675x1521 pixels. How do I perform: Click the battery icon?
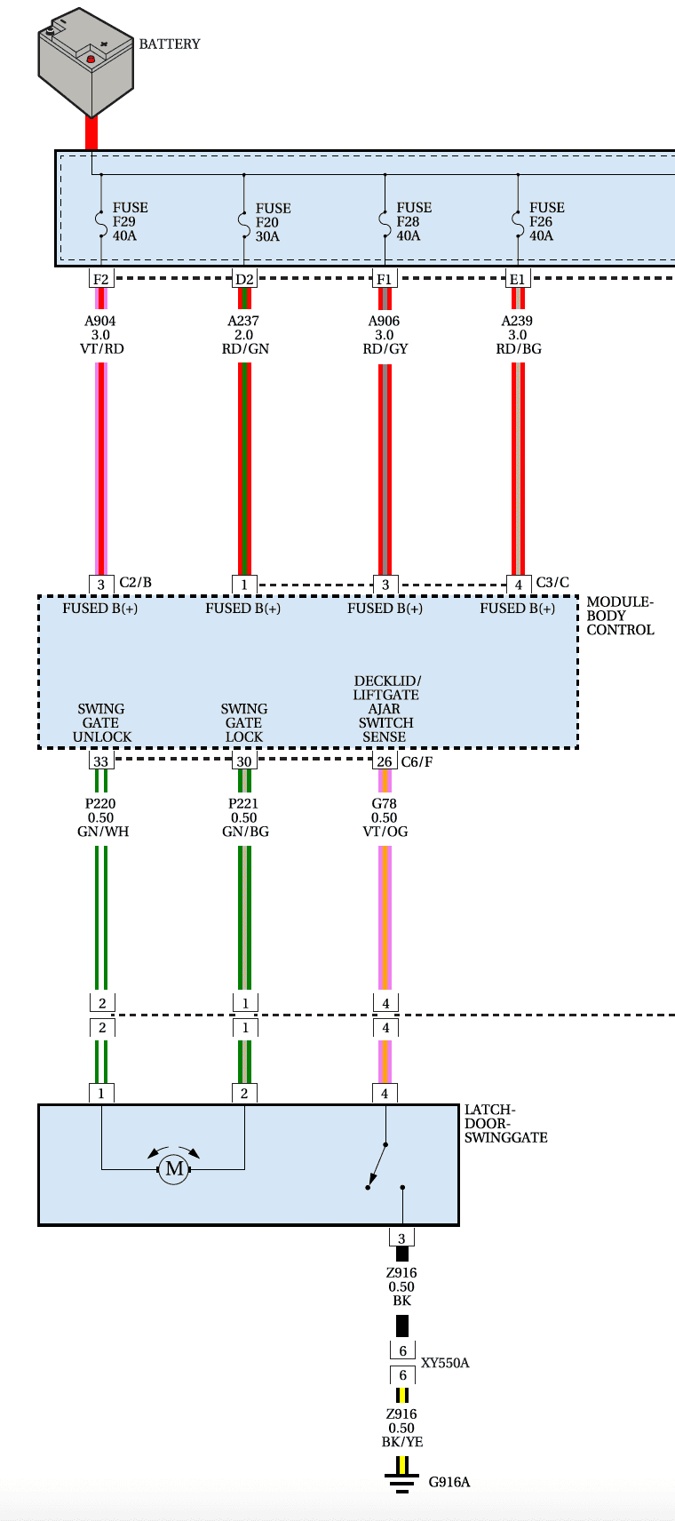(x=85, y=62)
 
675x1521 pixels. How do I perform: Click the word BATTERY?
(x=170, y=44)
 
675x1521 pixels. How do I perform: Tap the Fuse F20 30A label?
(x=273, y=222)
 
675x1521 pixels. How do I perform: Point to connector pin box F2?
(x=101, y=279)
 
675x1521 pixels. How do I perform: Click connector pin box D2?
(x=244, y=279)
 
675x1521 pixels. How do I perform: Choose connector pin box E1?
(x=518, y=279)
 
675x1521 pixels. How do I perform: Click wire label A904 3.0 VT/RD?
(x=101, y=335)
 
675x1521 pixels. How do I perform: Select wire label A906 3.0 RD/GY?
(x=385, y=335)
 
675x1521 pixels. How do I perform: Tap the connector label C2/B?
(x=136, y=583)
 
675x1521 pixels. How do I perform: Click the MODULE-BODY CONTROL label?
(x=620, y=616)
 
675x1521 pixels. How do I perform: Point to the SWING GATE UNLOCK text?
(x=102, y=722)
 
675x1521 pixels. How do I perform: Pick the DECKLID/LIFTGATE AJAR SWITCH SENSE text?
(x=385, y=709)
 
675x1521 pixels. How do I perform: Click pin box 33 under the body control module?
(x=101, y=761)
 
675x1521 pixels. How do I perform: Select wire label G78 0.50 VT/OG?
(x=385, y=817)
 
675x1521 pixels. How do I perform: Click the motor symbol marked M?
(x=174, y=1168)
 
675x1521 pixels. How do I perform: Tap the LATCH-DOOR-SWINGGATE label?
(x=506, y=1124)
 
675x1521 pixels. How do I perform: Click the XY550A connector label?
(x=446, y=1363)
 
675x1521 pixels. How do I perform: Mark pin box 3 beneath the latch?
(x=401, y=1238)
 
